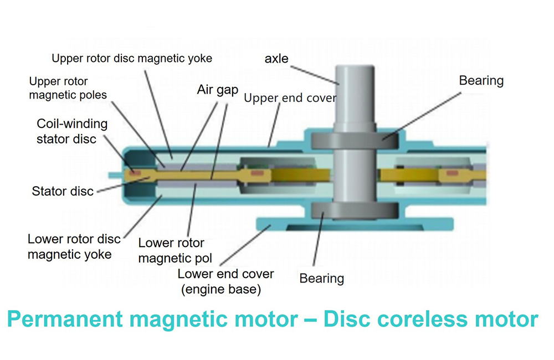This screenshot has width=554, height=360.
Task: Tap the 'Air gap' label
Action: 217,90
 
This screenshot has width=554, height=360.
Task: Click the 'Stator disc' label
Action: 63,192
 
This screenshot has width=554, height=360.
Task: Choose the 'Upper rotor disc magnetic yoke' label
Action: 132,58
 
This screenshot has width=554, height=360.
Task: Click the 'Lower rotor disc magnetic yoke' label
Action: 74,246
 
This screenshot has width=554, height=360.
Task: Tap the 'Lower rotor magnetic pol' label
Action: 171,250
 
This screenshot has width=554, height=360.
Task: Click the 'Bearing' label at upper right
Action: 481,80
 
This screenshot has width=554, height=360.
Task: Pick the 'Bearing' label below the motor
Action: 321,278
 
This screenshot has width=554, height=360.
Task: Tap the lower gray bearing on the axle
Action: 354,210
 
